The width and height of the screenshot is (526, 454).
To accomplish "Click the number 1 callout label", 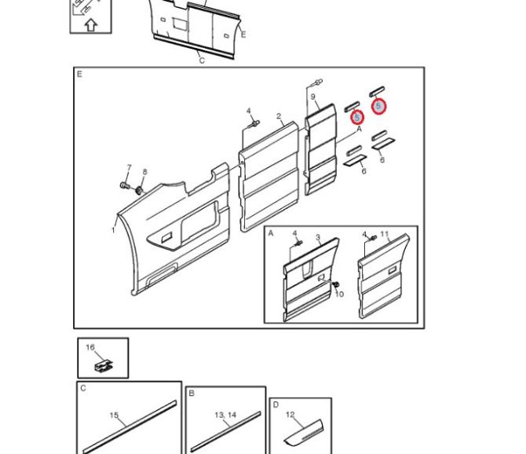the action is pyautogui.click(x=113, y=230).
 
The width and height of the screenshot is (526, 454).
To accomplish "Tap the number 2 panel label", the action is pyautogui.click(x=279, y=116).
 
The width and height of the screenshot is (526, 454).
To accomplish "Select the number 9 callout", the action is pyautogui.click(x=312, y=97).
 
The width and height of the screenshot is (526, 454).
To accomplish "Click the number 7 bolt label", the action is pyautogui.click(x=130, y=167).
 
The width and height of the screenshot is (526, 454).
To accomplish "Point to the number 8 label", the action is pyautogui.click(x=144, y=172).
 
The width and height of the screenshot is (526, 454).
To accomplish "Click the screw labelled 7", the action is pyautogui.click(x=124, y=185).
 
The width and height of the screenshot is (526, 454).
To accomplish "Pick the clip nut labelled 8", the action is pyautogui.click(x=138, y=191).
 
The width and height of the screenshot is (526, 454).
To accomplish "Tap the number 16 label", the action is pyautogui.click(x=90, y=347).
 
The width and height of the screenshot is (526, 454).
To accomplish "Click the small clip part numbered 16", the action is pyautogui.click(x=104, y=366).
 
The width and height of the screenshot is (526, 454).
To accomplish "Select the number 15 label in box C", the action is pyautogui.click(x=114, y=415).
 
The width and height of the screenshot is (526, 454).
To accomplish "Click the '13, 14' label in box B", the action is pyautogui.click(x=225, y=415).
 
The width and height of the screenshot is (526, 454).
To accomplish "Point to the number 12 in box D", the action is pyautogui.click(x=290, y=415).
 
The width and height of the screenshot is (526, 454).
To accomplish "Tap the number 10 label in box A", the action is pyautogui.click(x=339, y=294).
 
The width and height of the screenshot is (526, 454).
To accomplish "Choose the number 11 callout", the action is pyautogui.click(x=385, y=233).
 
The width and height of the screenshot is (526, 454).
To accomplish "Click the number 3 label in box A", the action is pyautogui.click(x=318, y=237).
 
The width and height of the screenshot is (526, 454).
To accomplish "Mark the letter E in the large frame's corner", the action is pyautogui.click(x=79, y=74).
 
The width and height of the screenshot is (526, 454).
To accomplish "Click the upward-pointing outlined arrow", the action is pyautogui.click(x=90, y=25).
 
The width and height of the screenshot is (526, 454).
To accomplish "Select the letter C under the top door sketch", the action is pyautogui.click(x=202, y=60).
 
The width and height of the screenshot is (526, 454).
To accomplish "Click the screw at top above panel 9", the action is pyautogui.click(x=318, y=82).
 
